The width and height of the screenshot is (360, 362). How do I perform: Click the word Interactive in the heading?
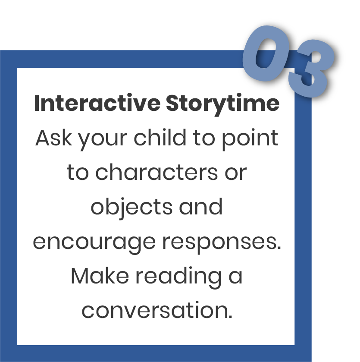[x=97, y=103]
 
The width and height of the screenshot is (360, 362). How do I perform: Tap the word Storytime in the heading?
[x=222, y=104]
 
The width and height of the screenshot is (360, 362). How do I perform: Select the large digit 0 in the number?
[x=266, y=54]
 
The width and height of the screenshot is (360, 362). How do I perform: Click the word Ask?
[x=53, y=138]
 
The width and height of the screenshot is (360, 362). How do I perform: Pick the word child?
[x=160, y=137]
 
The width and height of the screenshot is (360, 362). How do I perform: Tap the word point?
[x=250, y=139]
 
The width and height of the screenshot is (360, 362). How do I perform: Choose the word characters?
[x=157, y=172]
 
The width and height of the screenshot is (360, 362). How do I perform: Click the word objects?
[x=131, y=208]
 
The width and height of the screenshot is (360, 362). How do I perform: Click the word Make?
[x=100, y=276]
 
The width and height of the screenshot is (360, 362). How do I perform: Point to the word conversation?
[x=157, y=310]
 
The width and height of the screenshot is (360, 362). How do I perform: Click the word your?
[x=103, y=140]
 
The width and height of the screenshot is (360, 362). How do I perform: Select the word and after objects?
[x=200, y=206]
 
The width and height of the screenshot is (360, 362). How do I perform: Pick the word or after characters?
[x=236, y=173]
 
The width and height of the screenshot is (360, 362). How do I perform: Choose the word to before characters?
[x=78, y=172]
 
